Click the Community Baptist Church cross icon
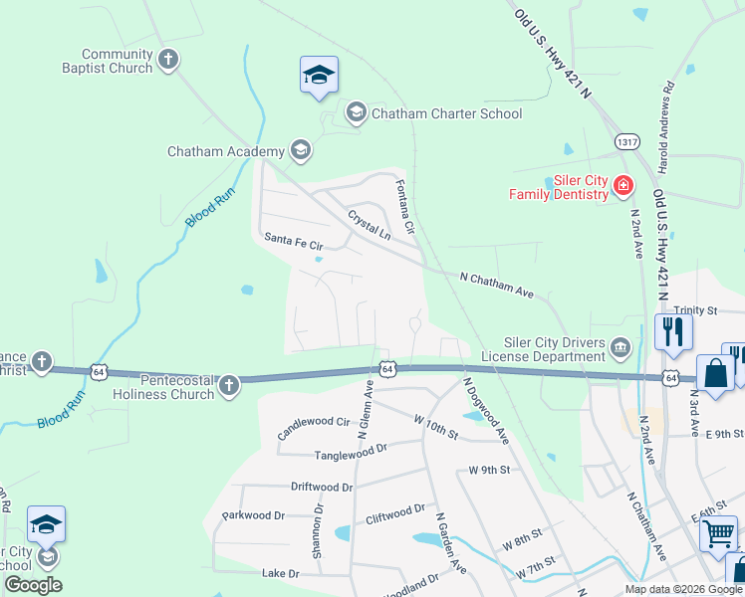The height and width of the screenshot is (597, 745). (168, 60)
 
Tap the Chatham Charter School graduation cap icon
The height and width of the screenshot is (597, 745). (356, 113)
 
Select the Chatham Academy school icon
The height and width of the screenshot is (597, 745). (300, 151)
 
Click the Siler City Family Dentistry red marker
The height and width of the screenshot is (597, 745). (622, 185)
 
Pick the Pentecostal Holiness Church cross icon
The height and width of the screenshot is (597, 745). (230, 385)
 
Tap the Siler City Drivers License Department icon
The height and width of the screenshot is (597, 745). (621, 347)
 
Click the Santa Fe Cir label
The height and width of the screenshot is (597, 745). (295, 243)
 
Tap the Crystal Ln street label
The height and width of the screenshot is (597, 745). (369, 224)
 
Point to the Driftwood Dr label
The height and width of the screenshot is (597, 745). (322, 488)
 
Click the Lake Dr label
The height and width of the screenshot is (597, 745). (280, 573)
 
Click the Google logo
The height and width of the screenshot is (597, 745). (33, 585)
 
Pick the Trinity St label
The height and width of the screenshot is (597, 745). (695, 310)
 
